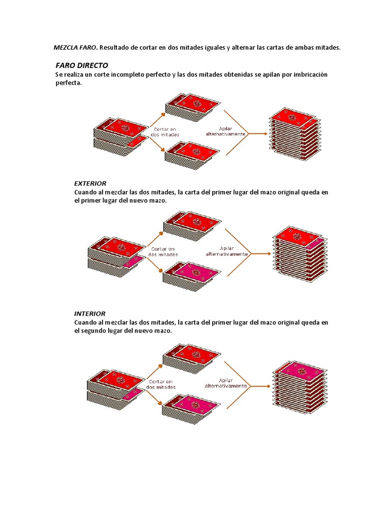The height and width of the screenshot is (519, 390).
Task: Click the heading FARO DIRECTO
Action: pos(82,65)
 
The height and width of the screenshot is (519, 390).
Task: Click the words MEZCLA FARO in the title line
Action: pos(76,48)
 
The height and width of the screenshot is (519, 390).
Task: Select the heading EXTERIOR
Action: pos(90,183)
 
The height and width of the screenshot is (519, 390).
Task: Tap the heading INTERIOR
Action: pos(90,314)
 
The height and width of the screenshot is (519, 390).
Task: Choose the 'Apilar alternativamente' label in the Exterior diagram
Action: pos(226,251)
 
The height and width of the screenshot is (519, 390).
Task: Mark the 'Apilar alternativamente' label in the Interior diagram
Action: pos(226,383)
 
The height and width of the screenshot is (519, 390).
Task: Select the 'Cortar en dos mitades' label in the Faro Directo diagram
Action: pos(166,132)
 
